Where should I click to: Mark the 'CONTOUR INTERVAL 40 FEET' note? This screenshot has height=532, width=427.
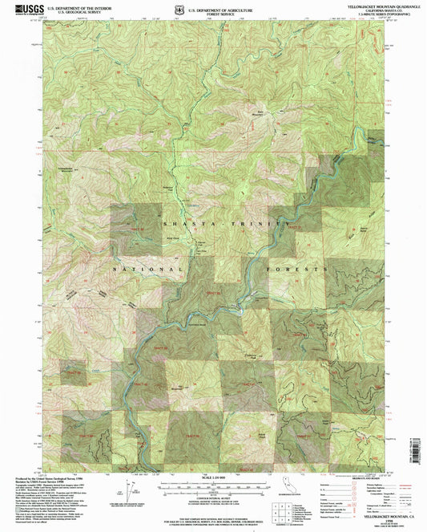pyautogui.click(x=213, y=497)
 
